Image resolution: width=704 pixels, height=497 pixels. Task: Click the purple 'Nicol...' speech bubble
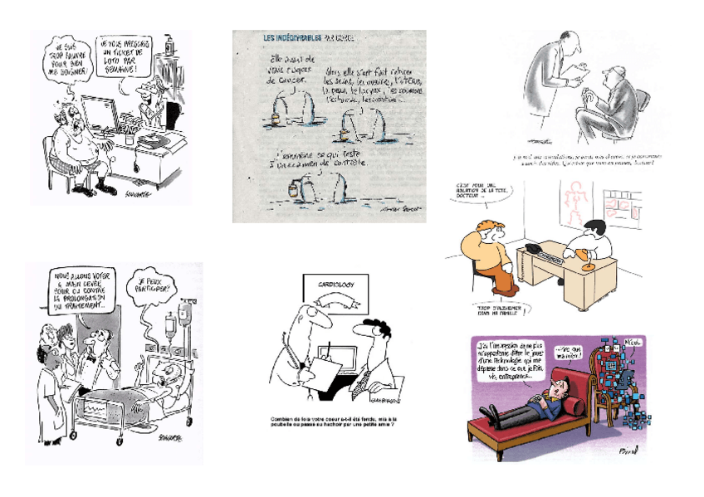[x=632, y=344]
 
